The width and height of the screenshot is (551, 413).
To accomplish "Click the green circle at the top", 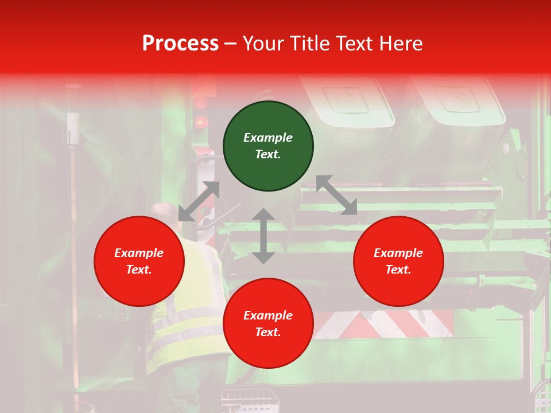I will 268,146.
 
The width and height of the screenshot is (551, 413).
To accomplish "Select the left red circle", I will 139,261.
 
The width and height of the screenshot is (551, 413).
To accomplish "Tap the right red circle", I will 398,261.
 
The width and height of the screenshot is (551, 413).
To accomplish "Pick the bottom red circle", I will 268,324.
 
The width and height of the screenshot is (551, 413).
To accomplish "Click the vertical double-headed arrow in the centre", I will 263,236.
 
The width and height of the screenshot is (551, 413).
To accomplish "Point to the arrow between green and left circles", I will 199,201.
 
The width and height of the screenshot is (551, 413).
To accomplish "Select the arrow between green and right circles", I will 336,195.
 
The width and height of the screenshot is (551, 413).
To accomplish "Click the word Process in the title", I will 180,43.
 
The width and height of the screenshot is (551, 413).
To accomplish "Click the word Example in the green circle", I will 268,138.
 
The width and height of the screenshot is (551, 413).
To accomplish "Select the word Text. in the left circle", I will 139,270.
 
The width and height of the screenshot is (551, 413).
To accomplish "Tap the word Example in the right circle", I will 398,253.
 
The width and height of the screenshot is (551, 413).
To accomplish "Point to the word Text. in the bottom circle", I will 268,332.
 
